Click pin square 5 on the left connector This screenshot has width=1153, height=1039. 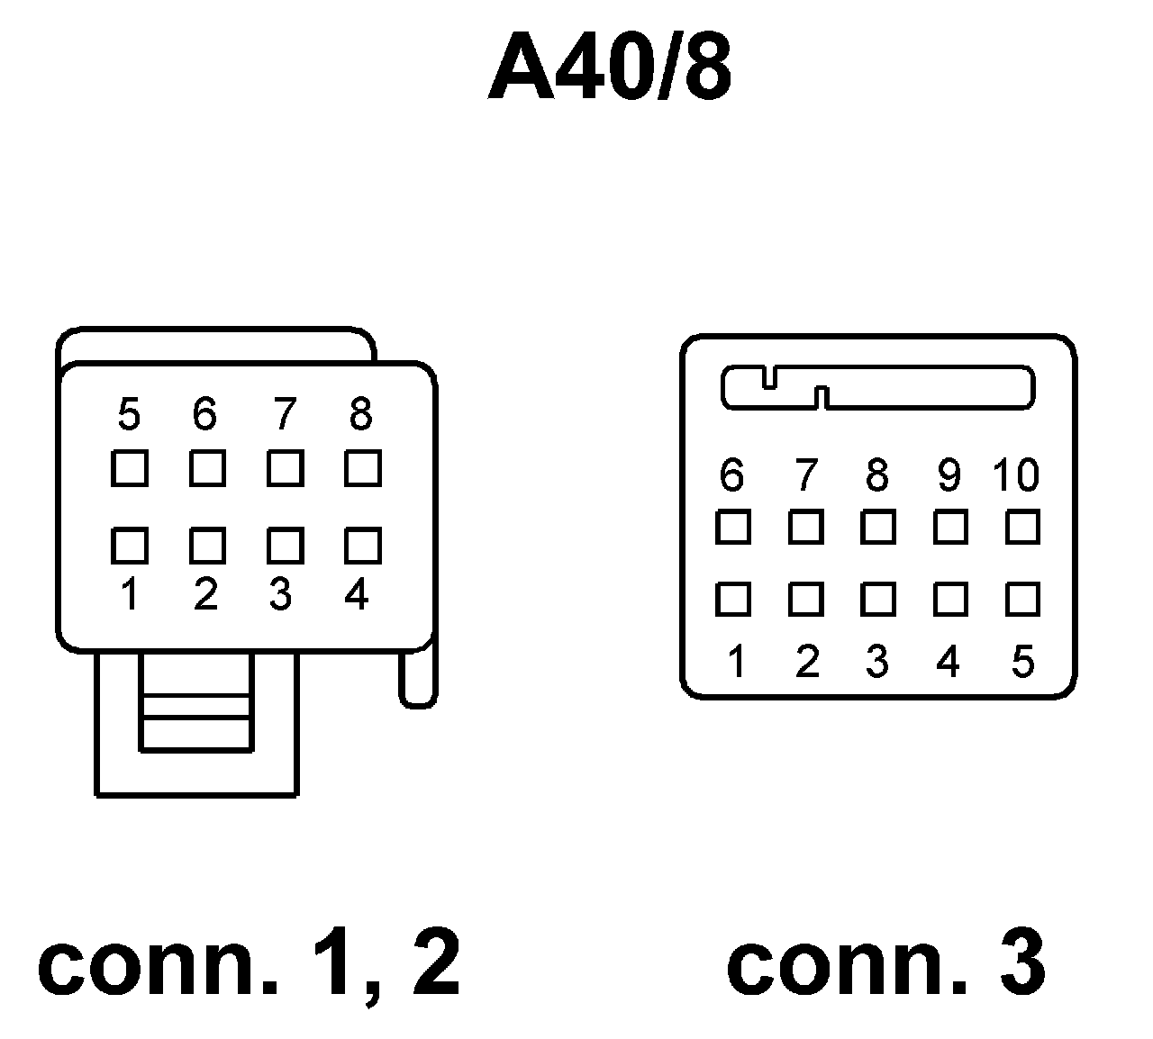130,468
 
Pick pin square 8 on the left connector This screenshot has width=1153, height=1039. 362,468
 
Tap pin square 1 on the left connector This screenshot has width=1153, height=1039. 130,546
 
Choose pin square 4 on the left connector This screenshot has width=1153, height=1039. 362,546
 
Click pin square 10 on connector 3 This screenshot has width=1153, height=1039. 1022,527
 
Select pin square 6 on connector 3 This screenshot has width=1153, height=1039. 732,527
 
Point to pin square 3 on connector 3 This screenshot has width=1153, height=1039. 877,599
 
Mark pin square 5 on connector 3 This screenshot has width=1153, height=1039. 1022,599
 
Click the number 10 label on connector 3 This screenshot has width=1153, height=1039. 1016,474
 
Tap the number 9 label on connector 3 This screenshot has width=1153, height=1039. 949,474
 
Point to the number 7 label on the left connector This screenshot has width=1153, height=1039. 284,415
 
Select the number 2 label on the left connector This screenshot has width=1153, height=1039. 206,594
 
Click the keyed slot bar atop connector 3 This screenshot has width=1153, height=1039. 878,387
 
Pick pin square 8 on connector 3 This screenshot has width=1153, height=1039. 877,527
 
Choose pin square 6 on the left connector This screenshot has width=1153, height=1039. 207,468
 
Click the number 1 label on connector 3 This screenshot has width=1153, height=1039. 736,662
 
